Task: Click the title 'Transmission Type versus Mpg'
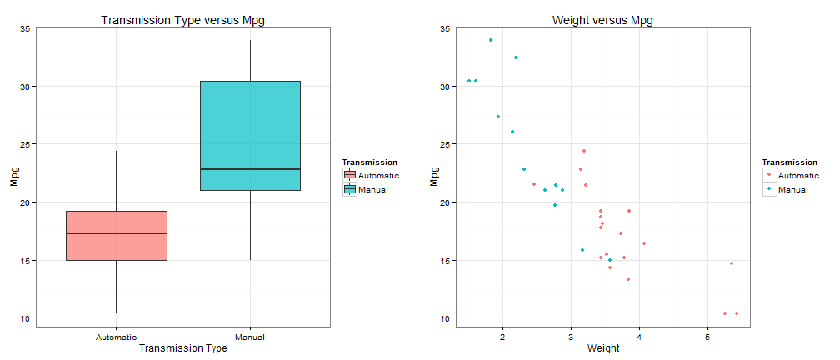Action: coord(182,19)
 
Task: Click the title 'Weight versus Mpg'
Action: coord(602,19)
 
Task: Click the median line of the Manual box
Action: coord(250,169)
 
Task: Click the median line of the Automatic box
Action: coord(116,233)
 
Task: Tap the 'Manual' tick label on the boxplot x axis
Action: coord(250,337)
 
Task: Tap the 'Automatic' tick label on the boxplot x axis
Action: coord(116,337)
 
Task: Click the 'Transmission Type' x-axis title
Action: coord(182,348)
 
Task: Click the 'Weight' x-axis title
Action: coord(602,348)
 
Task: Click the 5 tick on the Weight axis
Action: coord(707,337)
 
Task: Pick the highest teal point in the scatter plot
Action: coord(491,40)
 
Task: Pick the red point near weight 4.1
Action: coord(644,243)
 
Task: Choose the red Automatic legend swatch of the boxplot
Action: coord(350,176)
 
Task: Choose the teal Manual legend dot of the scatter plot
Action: coord(769,190)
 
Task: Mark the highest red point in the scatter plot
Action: coord(584,151)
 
